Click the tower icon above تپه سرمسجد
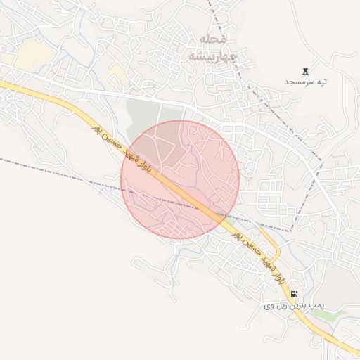coord(305,71)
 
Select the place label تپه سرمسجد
coord(306,82)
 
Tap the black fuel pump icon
coord(293,294)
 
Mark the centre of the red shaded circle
coord(180,179)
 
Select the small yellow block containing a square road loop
coord(117,75)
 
